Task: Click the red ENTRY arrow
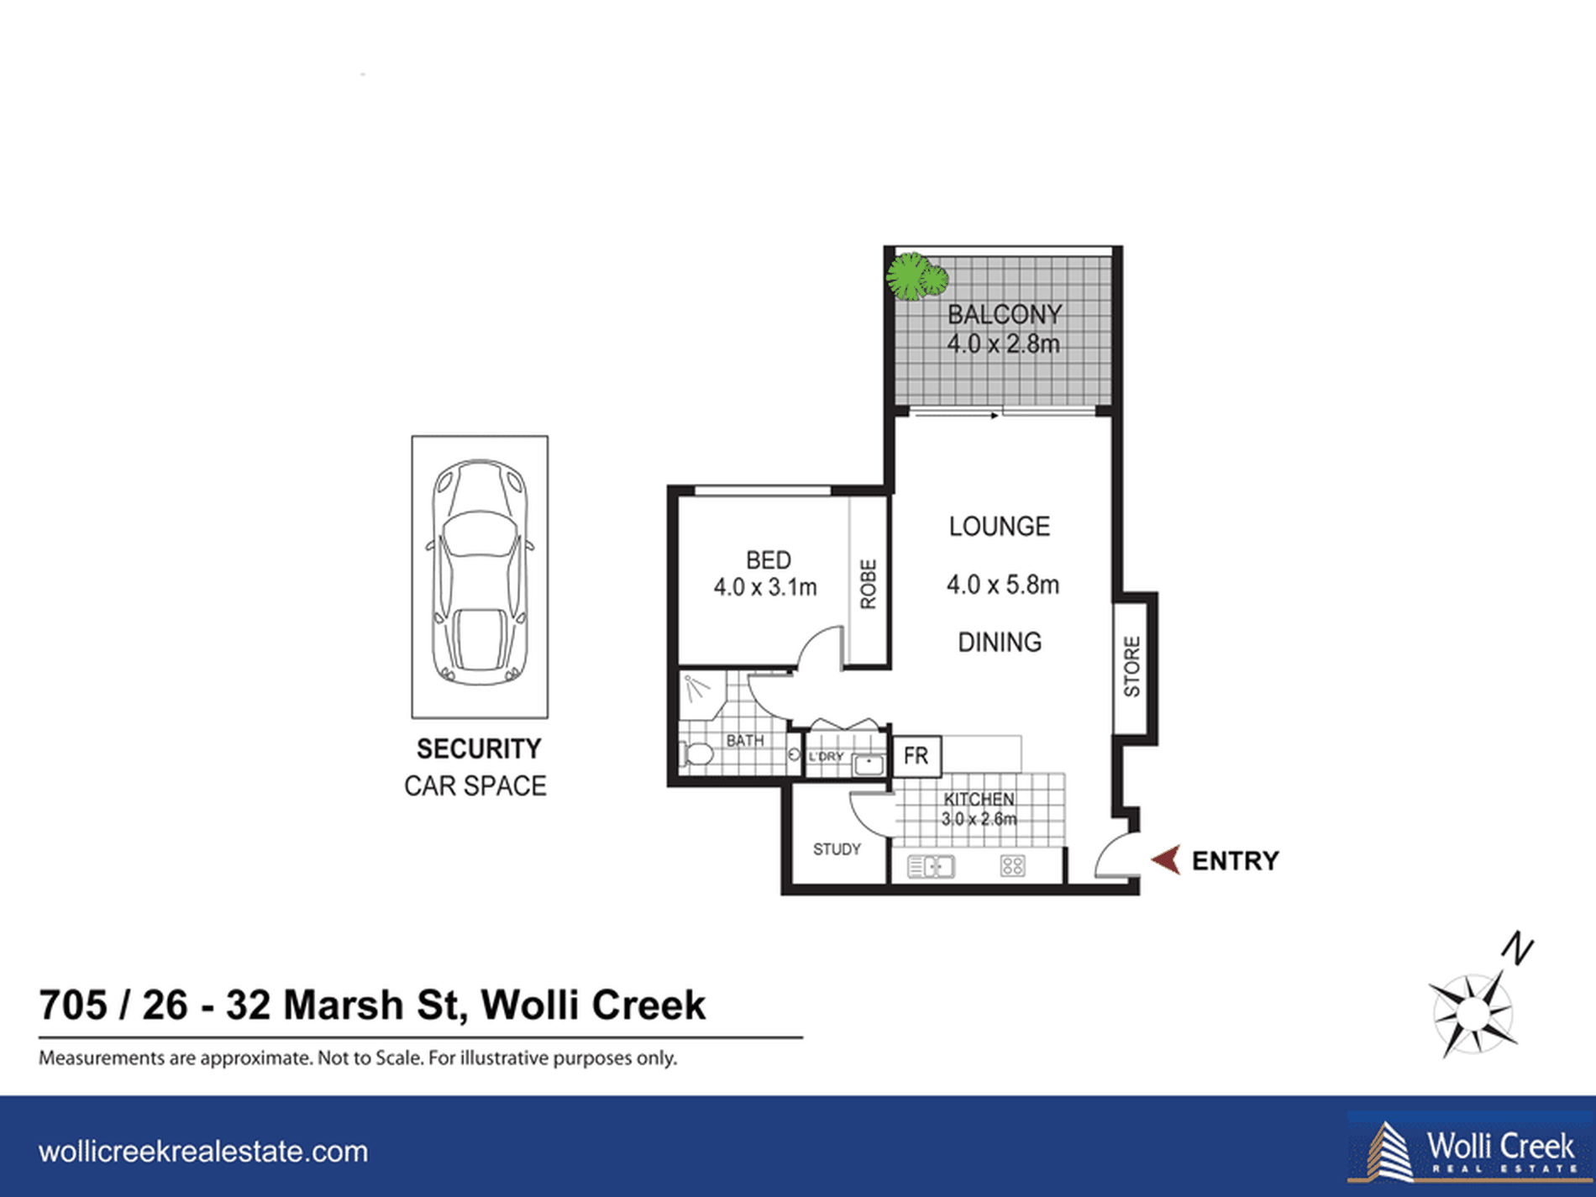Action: (1166, 860)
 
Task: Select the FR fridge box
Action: (916, 756)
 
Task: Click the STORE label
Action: (1132, 666)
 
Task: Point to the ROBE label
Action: (869, 584)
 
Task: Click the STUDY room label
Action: (837, 849)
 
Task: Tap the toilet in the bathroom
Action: (696, 753)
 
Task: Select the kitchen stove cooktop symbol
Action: (1012, 866)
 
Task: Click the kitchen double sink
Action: (931, 866)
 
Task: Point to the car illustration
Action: (479, 572)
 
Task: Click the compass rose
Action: (1472, 1013)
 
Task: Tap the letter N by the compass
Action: (1518, 948)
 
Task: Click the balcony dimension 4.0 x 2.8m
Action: (1004, 344)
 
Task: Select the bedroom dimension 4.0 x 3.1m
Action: (765, 586)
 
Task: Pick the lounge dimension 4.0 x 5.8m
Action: (1003, 585)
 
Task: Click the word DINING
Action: (1000, 643)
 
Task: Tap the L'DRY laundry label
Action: (826, 757)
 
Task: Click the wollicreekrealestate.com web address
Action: (203, 1152)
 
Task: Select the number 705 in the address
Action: (73, 1005)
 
